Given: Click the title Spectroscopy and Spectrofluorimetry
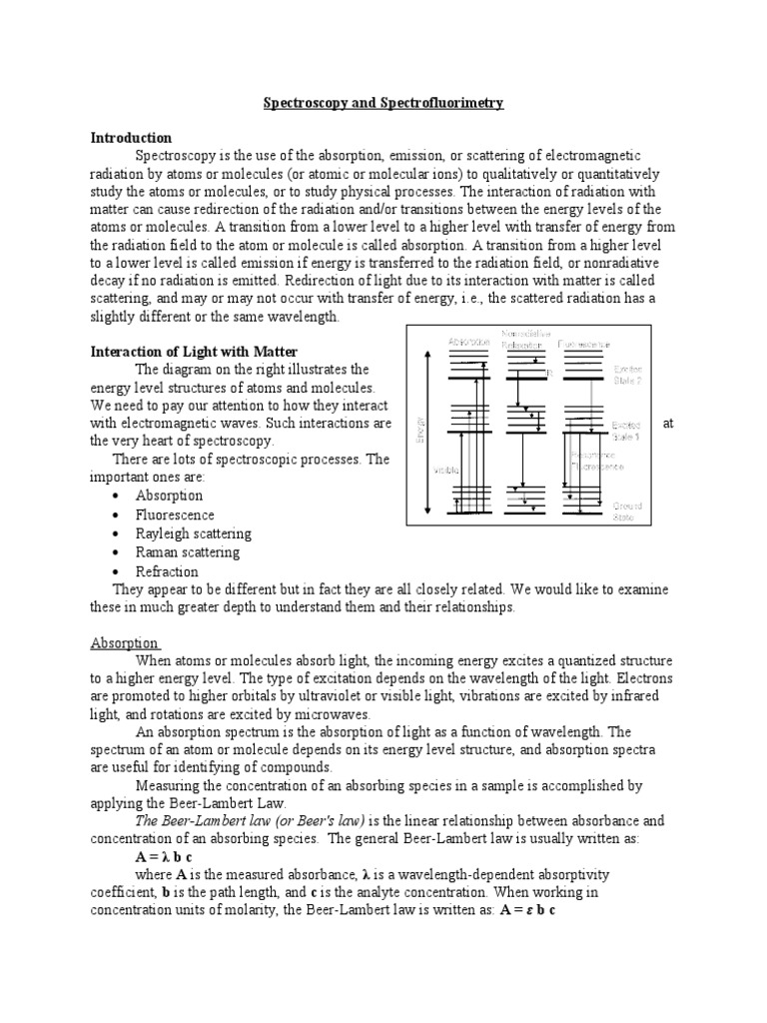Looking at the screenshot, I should click(383, 103).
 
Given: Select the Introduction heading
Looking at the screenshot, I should click(131, 138).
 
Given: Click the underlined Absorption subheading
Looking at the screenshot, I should click(126, 643).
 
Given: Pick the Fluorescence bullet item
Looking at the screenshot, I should click(175, 514).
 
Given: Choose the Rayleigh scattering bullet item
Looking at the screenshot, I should click(193, 533).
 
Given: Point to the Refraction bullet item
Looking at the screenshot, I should click(167, 572).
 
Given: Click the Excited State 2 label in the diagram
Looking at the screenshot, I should click(627, 374).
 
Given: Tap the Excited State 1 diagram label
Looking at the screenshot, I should click(627, 430).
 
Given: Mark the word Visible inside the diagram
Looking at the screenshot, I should click(445, 468).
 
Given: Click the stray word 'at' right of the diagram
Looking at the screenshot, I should click(668, 423).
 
